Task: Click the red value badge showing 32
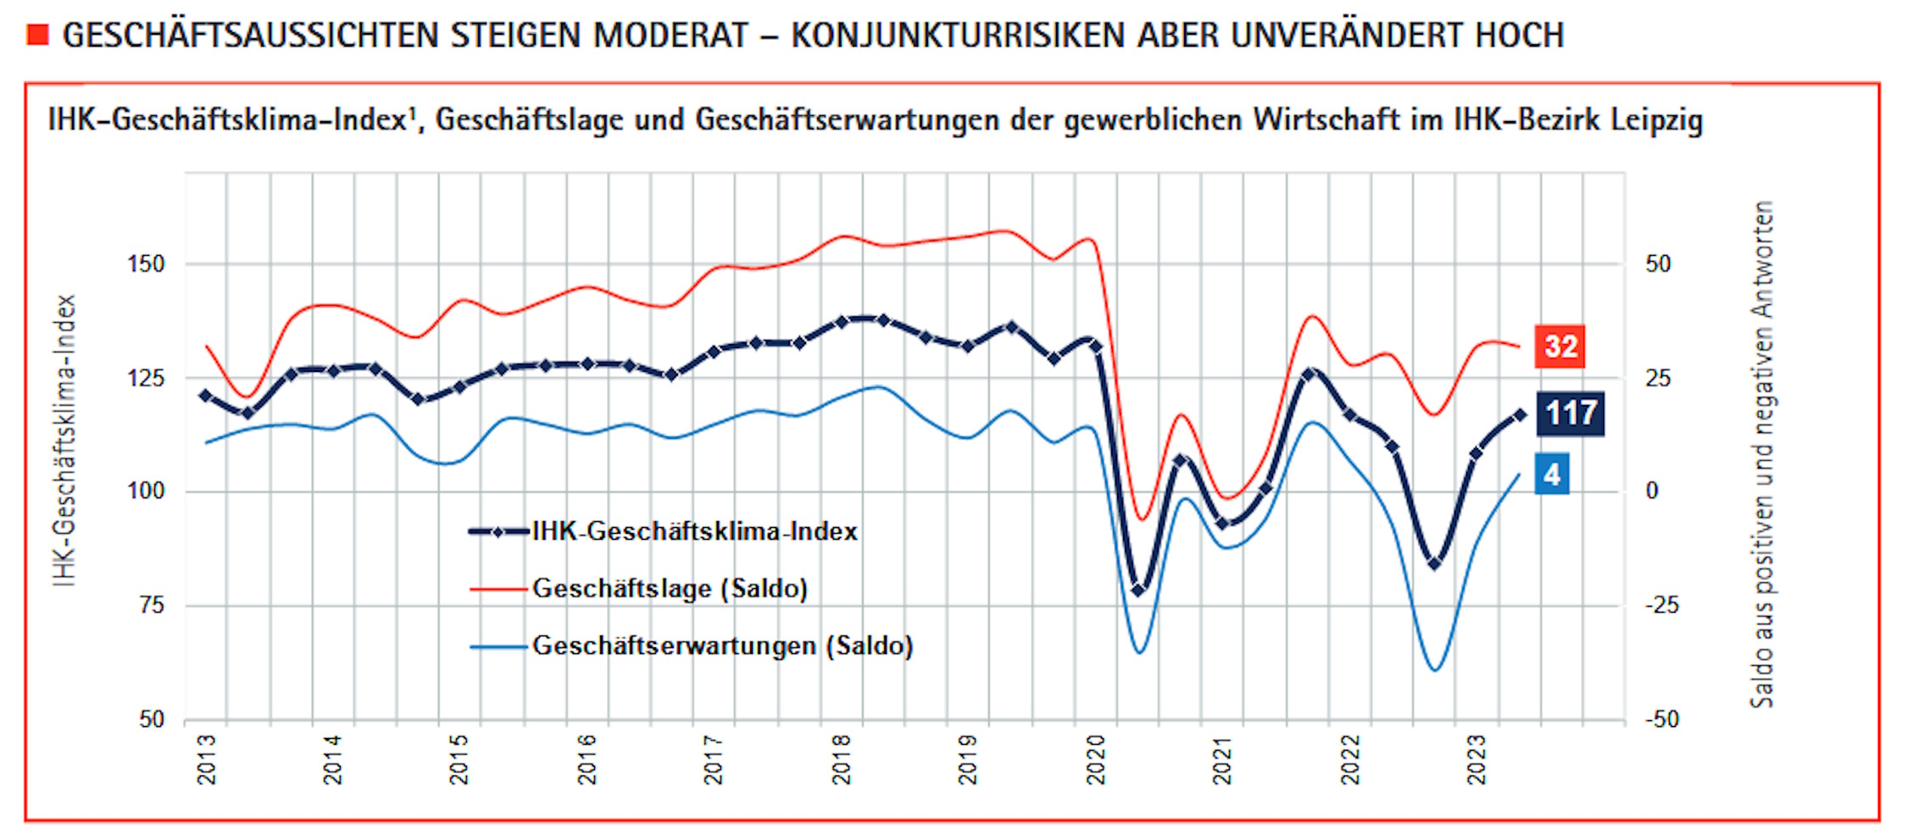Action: point(1560,347)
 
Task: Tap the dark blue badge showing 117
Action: point(1571,413)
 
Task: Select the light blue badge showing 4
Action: point(1552,474)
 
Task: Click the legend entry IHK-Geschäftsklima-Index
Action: point(694,532)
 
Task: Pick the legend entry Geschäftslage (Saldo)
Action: point(670,588)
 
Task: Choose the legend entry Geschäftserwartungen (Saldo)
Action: point(722,646)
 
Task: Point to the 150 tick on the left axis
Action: point(146,264)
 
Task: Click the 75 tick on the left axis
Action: point(152,605)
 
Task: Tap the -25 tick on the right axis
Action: point(1661,605)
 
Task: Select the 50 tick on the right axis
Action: point(1658,264)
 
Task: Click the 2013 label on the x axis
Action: point(207,759)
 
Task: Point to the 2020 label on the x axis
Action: point(1097,759)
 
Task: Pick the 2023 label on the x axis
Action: point(1477,759)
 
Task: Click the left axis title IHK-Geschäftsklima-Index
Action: point(64,441)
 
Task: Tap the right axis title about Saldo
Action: point(1762,453)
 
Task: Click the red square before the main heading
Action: point(38,35)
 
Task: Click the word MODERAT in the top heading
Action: point(670,36)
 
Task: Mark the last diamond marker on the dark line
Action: point(1520,415)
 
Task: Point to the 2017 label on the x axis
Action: point(714,759)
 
